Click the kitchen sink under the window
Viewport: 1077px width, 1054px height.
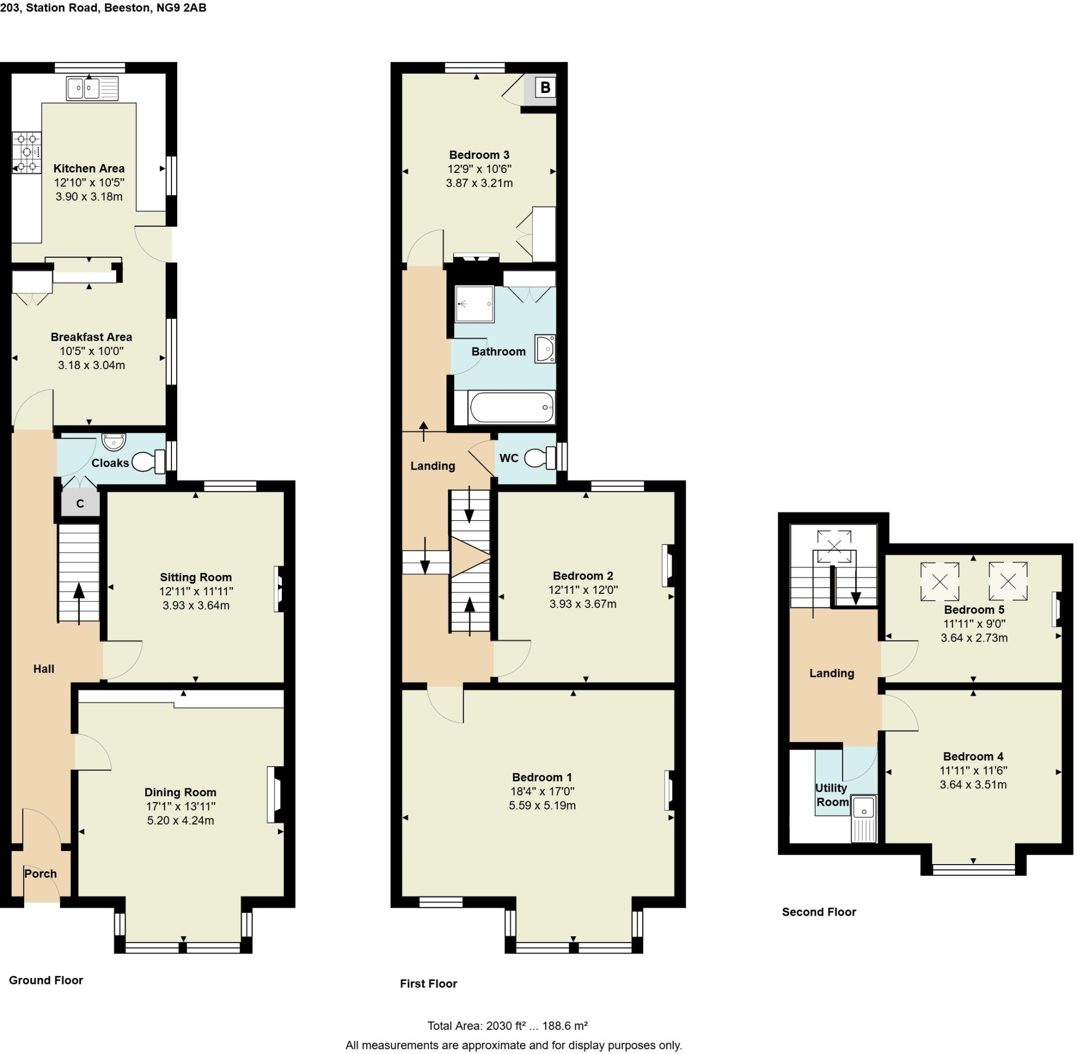point(92,88)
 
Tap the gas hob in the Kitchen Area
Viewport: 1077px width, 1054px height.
point(27,151)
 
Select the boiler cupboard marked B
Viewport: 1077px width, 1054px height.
point(545,87)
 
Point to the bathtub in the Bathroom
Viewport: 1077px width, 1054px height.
point(511,408)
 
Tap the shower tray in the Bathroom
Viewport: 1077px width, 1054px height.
point(474,303)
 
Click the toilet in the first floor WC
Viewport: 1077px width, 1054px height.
point(540,458)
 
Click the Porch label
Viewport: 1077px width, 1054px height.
point(40,874)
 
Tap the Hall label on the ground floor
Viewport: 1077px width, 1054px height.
point(44,668)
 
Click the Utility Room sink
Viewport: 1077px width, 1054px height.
point(864,809)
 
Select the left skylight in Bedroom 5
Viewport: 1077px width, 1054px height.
point(939,582)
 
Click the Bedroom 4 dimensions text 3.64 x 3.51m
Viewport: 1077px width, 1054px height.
point(973,784)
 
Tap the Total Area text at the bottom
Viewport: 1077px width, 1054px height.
point(507,1026)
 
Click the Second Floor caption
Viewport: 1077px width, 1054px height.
point(819,912)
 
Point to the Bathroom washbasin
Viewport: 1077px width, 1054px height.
point(544,349)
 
